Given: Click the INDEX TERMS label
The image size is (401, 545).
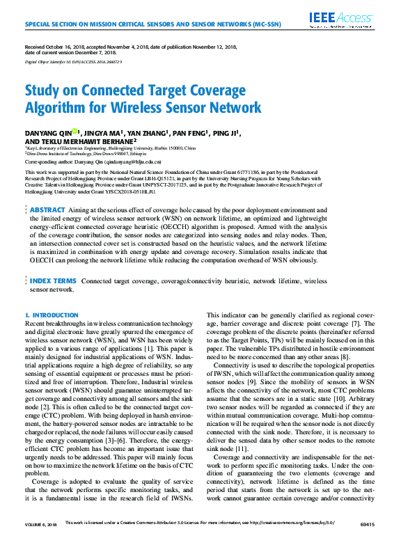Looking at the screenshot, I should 53,281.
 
